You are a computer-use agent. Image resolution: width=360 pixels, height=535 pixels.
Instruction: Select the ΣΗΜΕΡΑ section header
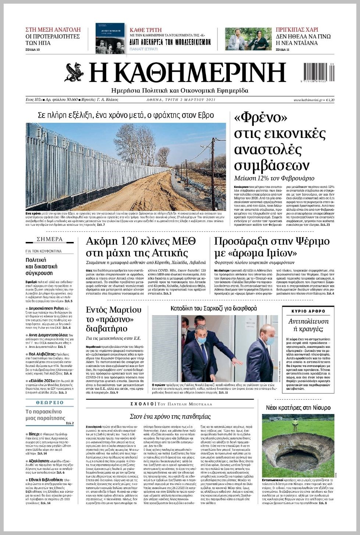click(50, 239)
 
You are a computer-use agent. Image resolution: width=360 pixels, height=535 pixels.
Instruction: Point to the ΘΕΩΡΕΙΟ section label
click(49, 403)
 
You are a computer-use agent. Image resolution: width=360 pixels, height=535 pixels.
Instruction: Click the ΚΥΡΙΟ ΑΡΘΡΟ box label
click(308, 311)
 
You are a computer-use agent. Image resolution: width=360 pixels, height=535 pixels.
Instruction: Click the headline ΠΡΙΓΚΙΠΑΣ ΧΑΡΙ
click(297, 30)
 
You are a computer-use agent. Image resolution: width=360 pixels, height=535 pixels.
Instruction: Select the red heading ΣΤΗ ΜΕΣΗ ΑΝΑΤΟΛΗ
click(53, 30)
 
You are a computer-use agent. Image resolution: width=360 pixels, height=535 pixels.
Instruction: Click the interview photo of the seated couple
click(248, 39)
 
